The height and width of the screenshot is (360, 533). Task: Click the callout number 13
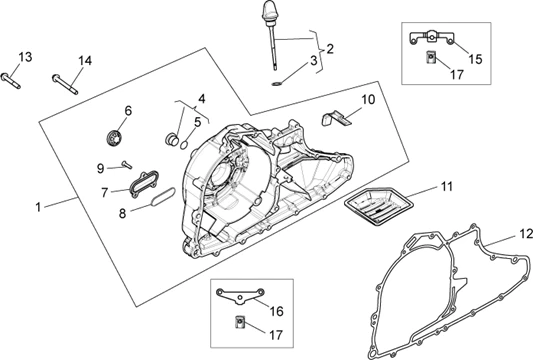(25, 57)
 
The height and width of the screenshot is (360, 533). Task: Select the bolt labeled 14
(65, 84)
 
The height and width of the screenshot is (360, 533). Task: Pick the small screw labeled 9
(126, 165)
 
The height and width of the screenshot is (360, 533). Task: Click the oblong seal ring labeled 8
(163, 196)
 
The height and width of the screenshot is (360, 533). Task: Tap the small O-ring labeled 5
(184, 145)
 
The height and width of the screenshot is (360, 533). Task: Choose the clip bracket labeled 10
(335, 118)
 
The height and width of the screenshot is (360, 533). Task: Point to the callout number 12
(526, 234)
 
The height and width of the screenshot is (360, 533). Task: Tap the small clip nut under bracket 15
(431, 57)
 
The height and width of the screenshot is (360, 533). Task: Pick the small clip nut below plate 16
(240, 322)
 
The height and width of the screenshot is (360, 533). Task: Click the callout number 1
(38, 207)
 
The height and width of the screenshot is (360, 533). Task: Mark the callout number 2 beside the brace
(330, 49)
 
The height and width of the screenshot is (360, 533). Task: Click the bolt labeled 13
(11, 81)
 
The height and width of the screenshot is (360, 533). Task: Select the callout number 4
(202, 99)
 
